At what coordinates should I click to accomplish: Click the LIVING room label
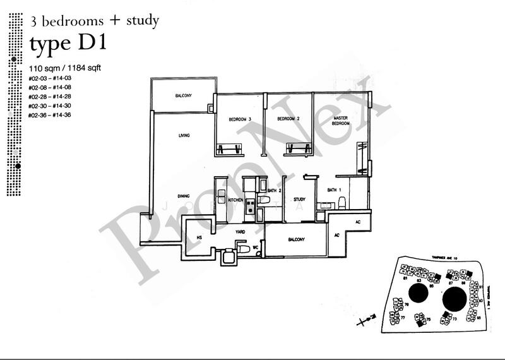point(184,136)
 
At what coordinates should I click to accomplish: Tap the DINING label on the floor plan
point(184,195)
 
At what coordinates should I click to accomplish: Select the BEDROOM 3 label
point(232,119)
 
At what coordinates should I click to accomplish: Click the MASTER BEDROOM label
point(340,121)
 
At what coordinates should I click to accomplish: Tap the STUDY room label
point(300,200)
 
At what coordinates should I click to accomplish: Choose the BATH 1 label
point(334,189)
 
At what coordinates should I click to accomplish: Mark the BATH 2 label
point(274,189)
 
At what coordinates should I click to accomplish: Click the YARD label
point(239,232)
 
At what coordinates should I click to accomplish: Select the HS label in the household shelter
point(199,237)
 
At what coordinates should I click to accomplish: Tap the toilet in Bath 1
point(342,202)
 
